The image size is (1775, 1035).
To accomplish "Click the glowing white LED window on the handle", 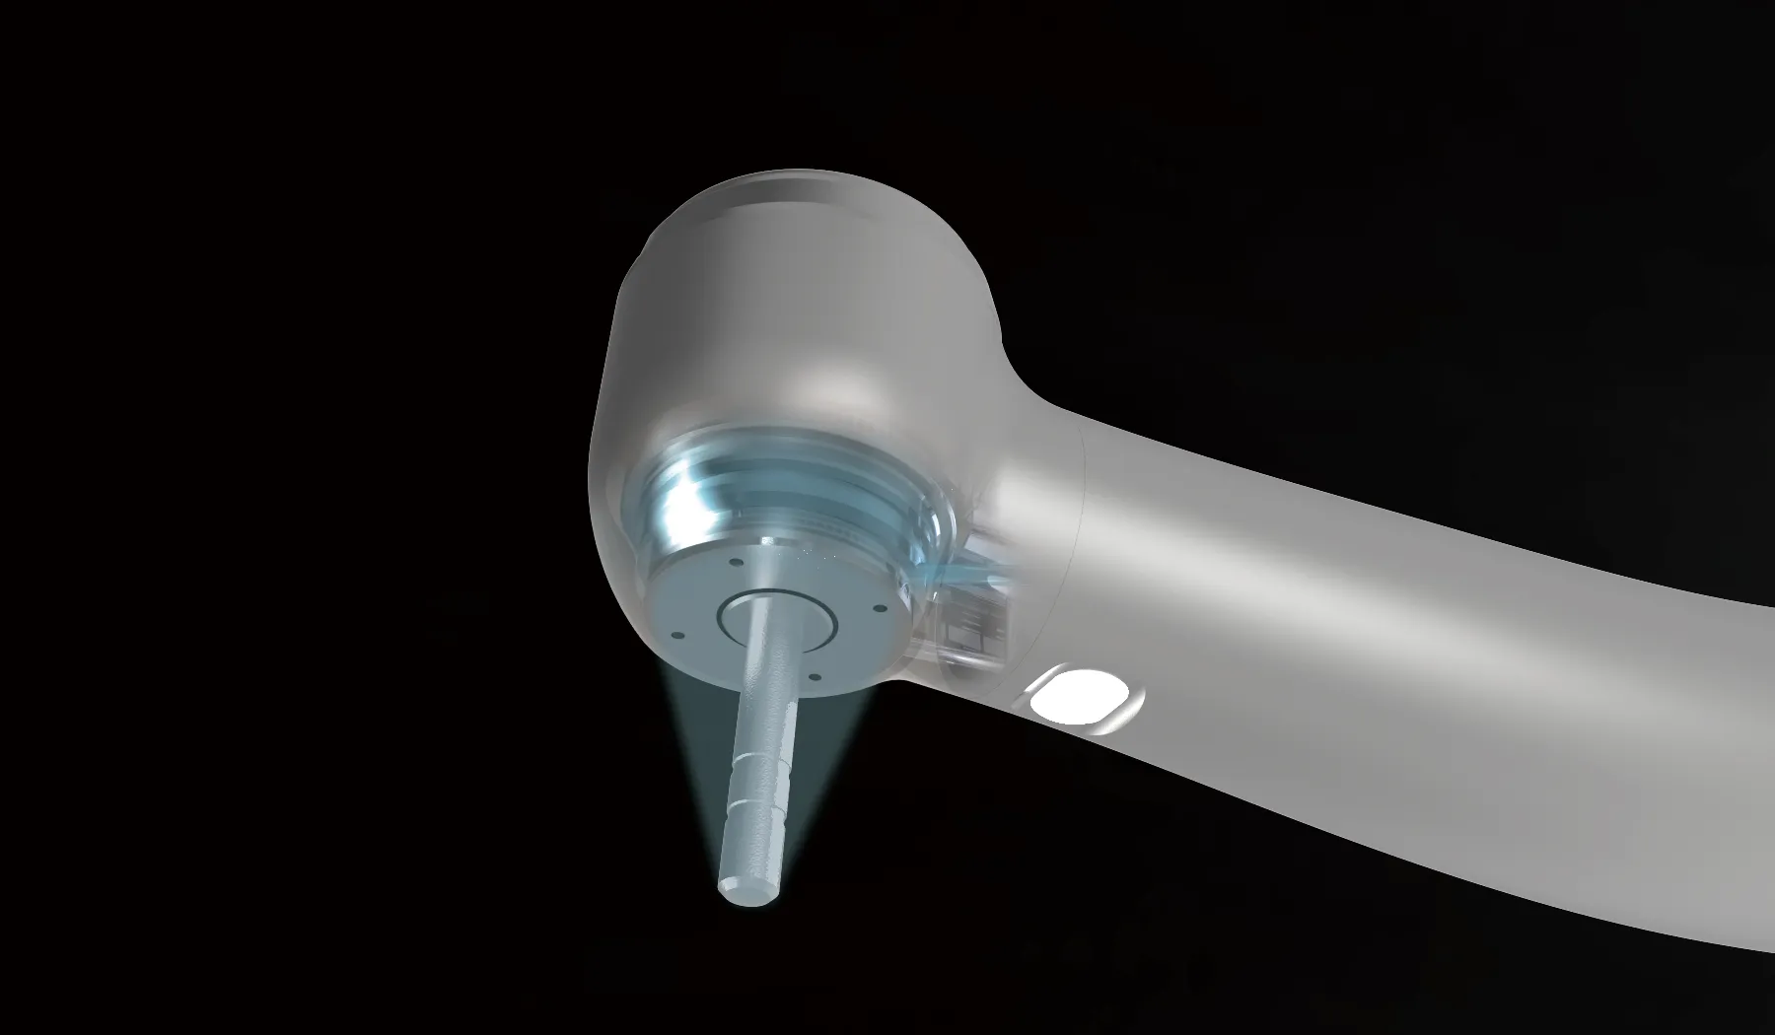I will pyautogui.click(x=1084, y=698).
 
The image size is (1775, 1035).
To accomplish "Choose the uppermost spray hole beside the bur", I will pyautogui.click(x=738, y=564).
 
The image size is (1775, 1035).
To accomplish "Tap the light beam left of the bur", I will pyautogui.click(x=705, y=769).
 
